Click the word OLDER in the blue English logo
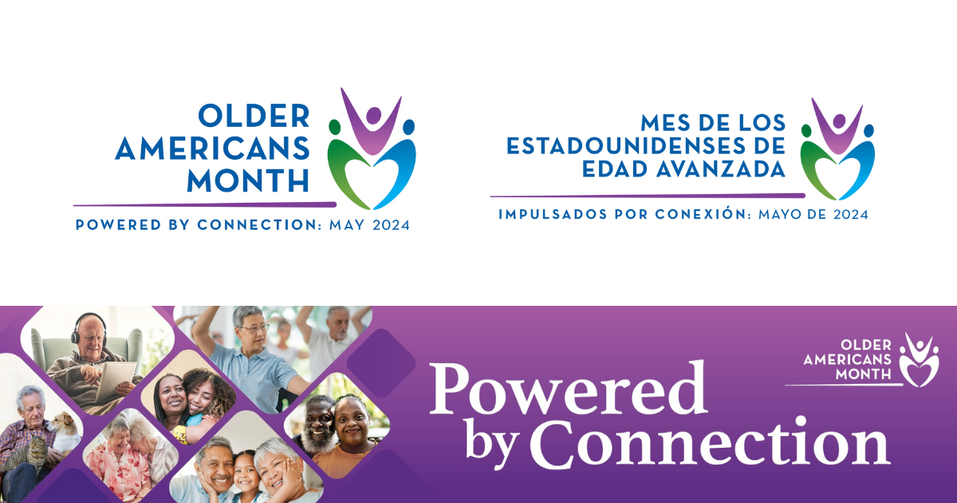click(254, 116)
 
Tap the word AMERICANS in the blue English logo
click(212, 149)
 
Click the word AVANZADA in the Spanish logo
click(721, 169)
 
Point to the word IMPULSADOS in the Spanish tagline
click(553, 214)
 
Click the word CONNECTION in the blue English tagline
click(259, 225)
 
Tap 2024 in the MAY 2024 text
click(391, 225)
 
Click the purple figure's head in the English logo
click(373, 115)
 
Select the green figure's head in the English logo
click(334, 127)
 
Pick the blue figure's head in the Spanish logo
click(868, 130)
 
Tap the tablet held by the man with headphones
click(115, 381)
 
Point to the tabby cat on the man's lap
click(29, 453)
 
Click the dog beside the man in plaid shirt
click(65, 432)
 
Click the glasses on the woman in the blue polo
click(254, 328)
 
